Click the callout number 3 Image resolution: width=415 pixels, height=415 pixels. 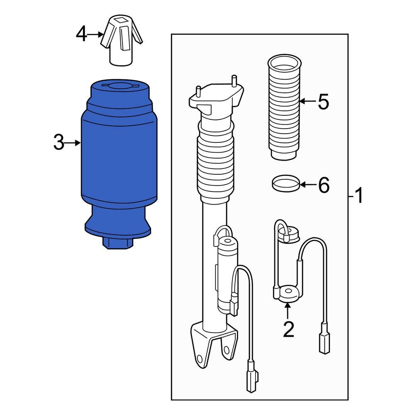point(59,143)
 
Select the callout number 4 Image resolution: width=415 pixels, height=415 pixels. point(81,34)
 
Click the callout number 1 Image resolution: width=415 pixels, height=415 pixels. point(358,195)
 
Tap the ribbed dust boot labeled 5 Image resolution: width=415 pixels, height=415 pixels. point(284,110)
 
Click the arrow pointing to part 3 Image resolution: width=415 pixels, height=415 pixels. point(74,143)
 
